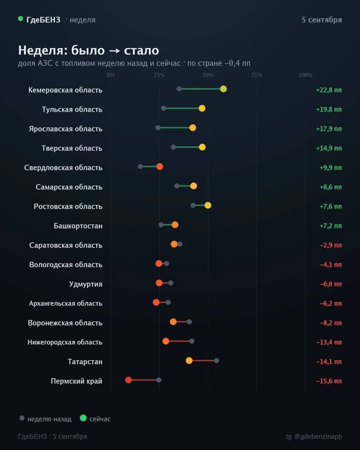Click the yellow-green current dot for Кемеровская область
pos(223,89)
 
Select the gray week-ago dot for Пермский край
pos(159,380)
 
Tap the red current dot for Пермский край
pos(128,380)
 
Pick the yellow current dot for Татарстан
pos(189,360)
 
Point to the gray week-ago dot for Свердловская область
pos(140,167)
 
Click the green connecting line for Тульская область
pos(182,108)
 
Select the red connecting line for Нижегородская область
pos(179,341)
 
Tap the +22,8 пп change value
pos(329,90)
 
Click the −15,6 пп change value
pos(329,381)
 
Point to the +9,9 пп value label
pos(330,167)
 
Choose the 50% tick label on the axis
pos(208,75)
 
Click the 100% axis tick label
pos(305,75)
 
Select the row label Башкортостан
pos(78,226)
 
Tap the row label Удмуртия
pos(86,284)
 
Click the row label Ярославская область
pos(66,129)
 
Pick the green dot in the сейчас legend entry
pos(83,418)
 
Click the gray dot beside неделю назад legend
pos(22,418)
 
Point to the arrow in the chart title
pos(114,51)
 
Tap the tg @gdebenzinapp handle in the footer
pos(314,437)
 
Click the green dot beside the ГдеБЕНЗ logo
pos(20,19)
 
